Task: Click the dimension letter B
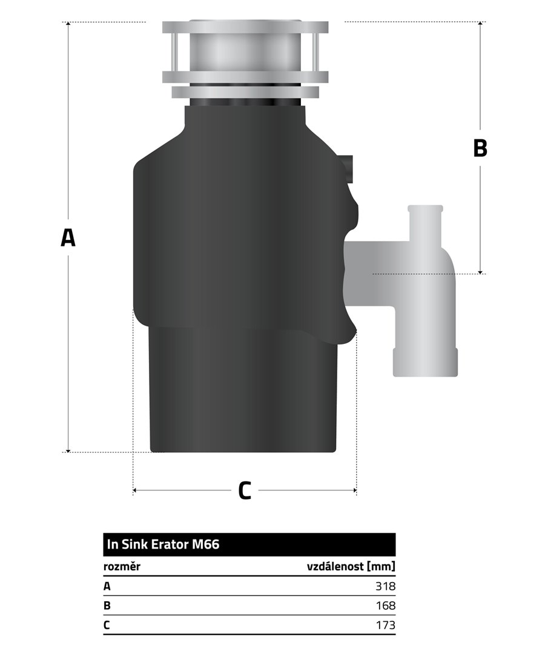[480, 148]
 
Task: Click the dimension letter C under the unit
[245, 490]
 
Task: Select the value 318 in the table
[385, 586]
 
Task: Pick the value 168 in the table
[385, 606]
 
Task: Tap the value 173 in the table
[385, 625]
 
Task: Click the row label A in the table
[107, 586]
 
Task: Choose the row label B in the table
[107, 606]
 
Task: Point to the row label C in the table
[107, 625]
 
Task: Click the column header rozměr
[122, 566]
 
